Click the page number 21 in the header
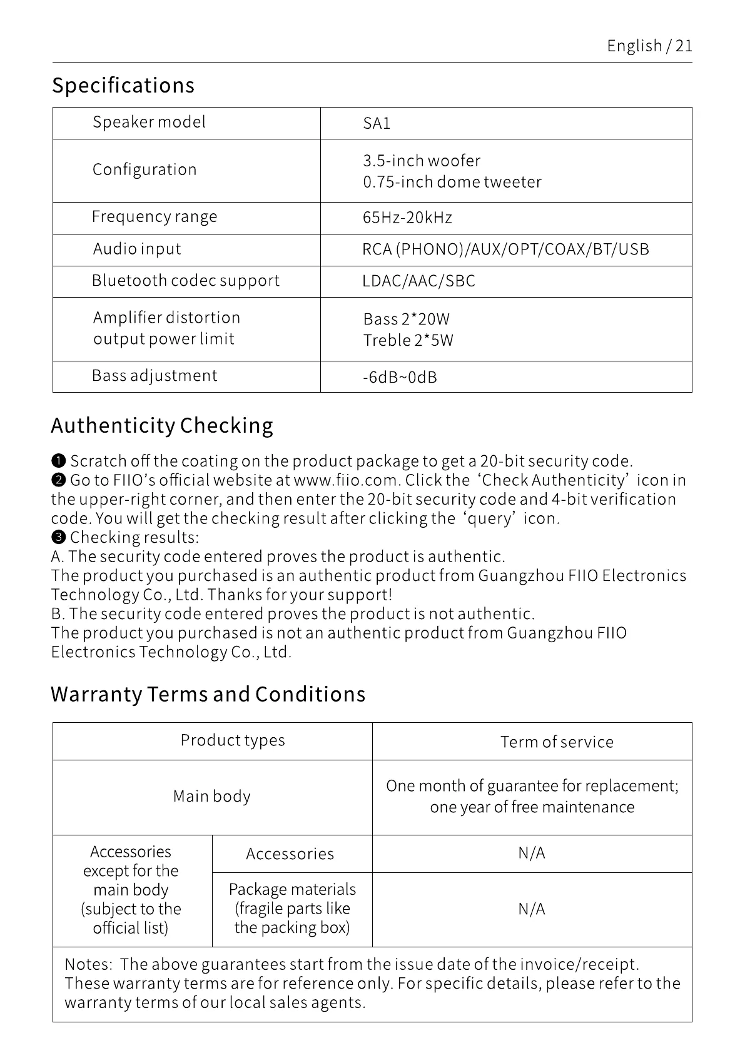point(684,46)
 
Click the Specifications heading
point(123,85)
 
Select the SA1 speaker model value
point(377,123)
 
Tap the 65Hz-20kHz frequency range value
point(407,218)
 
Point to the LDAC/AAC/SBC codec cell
point(418,281)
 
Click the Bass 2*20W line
point(406,319)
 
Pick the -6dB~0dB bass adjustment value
point(400,377)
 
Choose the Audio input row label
point(137,249)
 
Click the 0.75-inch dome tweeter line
point(452,182)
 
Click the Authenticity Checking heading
point(162,425)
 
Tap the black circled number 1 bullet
point(58,461)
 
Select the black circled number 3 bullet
point(58,538)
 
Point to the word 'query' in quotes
point(489,518)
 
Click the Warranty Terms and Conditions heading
point(208,694)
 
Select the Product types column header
point(233,740)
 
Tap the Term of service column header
point(557,742)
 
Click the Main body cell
point(212,797)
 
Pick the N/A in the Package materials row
point(532,909)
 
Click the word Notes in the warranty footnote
point(88,964)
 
